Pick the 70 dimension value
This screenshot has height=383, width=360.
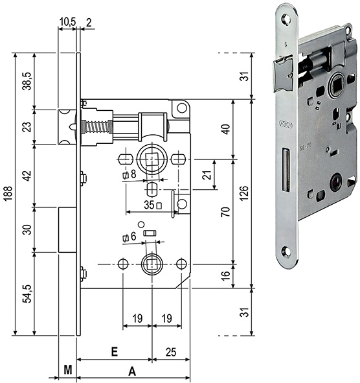225,211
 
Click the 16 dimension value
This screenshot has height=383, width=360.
225,275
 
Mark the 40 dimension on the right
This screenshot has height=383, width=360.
225,128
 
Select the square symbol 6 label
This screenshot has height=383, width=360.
129,238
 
